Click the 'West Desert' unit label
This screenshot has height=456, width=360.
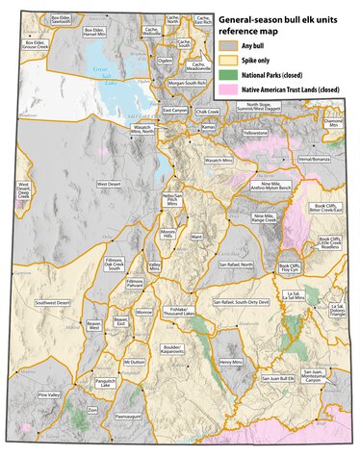[x=109, y=183]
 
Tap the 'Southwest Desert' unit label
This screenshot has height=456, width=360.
[x=52, y=303]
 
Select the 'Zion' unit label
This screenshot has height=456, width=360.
[x=92, y=410]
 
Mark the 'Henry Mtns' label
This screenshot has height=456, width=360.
[x=230, y=362]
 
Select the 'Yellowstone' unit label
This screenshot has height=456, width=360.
[x=256, y=132]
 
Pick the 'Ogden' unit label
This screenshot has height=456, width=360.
[x=166, y=60]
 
